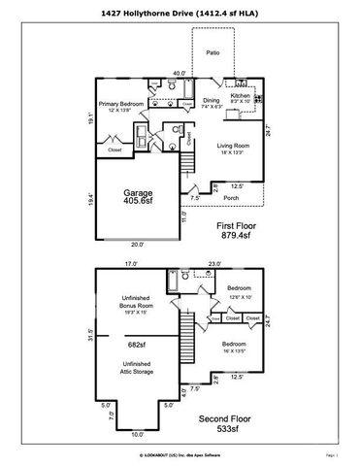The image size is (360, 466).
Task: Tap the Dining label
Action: [x=210, y=100]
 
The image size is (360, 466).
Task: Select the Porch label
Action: [x=231, y=198]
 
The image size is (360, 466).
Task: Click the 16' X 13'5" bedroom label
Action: [x=238, y=350]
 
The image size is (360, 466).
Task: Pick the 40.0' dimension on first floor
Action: [x=179, y=73]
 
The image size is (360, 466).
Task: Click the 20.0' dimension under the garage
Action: [x=137, y=245]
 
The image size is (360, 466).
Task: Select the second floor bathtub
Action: [x=171, y=283]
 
